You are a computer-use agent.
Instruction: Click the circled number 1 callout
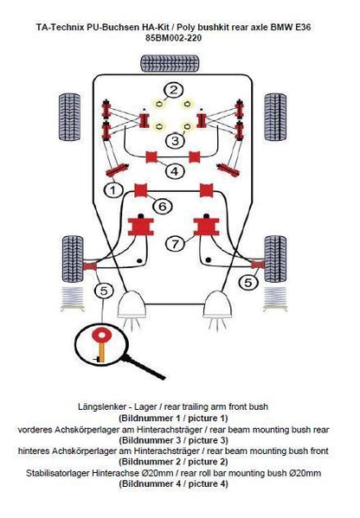pos(113,189)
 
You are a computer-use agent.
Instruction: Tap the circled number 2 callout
pos(174,90)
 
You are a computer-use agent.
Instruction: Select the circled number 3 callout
pos(175,140)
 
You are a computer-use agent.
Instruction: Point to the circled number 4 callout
pos(174,171)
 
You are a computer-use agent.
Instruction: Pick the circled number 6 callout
pos(163,206)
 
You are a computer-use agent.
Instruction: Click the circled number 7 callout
pos(175,244)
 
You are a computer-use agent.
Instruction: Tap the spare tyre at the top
pos(170,63)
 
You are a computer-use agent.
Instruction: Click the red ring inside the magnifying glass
pos(102,336)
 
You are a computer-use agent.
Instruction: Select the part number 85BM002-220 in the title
pos(174,38)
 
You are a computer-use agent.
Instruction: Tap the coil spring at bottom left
pos(73,298)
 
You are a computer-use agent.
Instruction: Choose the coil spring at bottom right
pos(275,298)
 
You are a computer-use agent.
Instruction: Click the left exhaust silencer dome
pos(132,304)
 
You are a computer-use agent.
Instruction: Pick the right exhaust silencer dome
pos(217,304)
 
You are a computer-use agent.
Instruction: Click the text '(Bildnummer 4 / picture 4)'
pos(173,483)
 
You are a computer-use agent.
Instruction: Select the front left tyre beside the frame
pos(70,118)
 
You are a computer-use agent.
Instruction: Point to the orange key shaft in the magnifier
pos(101,352)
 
